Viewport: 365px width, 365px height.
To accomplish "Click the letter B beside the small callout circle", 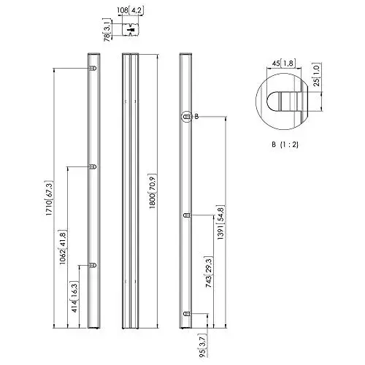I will point(197,116).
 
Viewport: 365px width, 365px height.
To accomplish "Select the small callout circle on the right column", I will point(187,116).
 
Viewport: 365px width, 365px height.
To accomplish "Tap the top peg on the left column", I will point(93,68).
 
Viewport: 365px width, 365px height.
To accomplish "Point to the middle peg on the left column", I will point(93,167).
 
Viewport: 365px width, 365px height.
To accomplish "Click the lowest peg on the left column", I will point(93,264).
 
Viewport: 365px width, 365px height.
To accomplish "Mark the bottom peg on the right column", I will point(187,314).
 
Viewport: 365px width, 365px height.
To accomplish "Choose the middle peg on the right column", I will point(187,215).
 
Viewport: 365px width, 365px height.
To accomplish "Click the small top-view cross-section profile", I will point(128,29).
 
